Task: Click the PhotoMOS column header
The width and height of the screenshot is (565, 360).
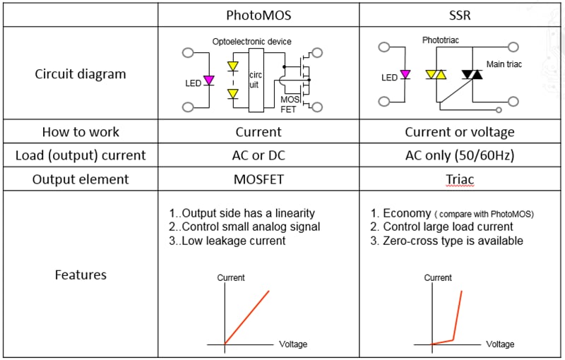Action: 258,15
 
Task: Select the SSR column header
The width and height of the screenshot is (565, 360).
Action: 459,15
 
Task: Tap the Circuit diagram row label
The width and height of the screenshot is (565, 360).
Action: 81,74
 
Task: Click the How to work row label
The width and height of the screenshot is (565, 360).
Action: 81,132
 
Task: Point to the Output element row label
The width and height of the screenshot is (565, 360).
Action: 81,179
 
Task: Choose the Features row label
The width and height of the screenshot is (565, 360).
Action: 81,275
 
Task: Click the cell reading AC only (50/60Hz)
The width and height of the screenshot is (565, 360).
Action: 459,155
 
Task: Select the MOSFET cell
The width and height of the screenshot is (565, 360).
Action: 258,179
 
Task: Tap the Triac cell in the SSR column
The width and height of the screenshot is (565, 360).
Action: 460,179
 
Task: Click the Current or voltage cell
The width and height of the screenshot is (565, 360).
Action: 459,132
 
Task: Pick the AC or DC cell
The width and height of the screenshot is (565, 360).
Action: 258,155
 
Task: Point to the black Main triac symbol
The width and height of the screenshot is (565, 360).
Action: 471,74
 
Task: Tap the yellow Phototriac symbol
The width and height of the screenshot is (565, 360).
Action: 435,74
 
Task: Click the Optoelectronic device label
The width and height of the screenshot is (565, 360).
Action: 251,42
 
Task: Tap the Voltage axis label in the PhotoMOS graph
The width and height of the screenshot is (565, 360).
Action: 293,344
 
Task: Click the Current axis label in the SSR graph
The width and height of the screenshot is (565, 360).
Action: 437,277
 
